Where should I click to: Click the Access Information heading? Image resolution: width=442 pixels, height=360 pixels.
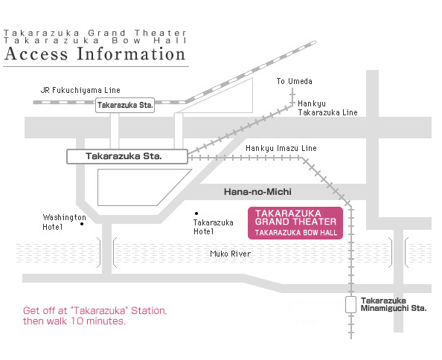pos(95,54)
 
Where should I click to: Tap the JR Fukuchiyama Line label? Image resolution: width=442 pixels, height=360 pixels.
pos(80,90)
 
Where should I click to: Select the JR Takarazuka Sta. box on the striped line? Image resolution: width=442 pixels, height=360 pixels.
pos(125,105)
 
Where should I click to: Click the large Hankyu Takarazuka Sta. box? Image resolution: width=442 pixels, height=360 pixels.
pos(127,156)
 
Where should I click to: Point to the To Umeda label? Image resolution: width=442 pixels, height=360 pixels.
pos(294,81)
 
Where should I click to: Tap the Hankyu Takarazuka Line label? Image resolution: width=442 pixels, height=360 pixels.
pos(327,108)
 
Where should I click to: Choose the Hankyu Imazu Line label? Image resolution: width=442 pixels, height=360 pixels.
pos(281,148)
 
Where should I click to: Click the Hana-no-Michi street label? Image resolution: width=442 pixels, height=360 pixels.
pos(257,192)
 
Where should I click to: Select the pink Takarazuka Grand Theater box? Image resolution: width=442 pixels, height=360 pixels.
pos(295,223)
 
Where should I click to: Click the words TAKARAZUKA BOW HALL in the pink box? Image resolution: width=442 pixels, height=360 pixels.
pos(296,233)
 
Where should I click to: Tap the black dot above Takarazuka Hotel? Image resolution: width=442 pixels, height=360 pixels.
pos(196,213)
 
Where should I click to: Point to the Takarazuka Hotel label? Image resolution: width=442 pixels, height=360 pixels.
pos(213,227)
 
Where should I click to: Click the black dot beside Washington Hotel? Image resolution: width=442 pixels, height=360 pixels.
pos(82,224)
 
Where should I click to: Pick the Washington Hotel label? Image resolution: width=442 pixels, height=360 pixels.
pos(64,222)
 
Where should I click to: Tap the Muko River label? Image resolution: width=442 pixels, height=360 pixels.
pos(231,254)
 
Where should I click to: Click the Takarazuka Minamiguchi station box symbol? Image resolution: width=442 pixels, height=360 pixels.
pos(351,304)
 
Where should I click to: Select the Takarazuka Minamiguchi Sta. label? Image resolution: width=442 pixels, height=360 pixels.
pos(394,304)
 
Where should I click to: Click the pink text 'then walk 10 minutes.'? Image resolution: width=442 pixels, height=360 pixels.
pos(74,321)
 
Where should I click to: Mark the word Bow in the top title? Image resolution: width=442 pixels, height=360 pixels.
pos(126,41)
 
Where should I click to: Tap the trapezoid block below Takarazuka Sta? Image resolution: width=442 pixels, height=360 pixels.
pos(144,187)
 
